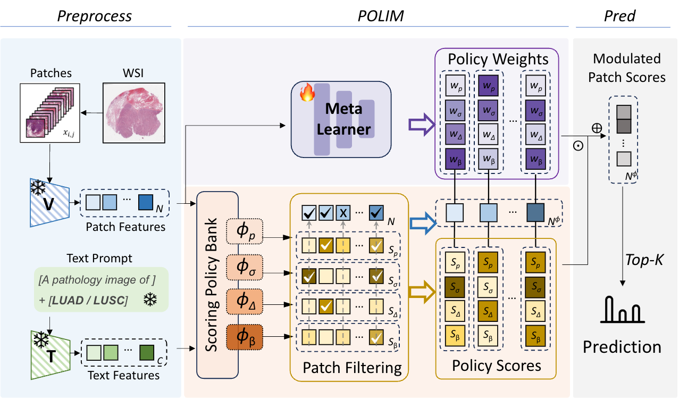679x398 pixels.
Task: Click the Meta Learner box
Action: click(341, 118)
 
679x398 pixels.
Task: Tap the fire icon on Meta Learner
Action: click(307, 94)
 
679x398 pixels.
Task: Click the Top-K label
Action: click(646, 260)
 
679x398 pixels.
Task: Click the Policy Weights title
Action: click(498, 59)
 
